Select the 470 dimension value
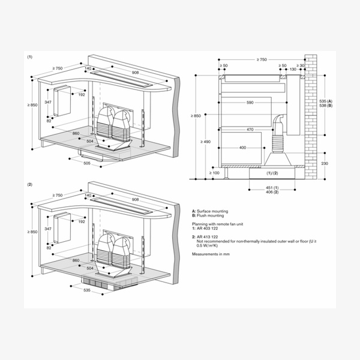(x=249, y=129)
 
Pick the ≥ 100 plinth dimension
(x=214, y=173)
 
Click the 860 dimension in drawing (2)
(x=76, y=261)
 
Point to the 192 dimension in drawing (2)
(x=82, y=221)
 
